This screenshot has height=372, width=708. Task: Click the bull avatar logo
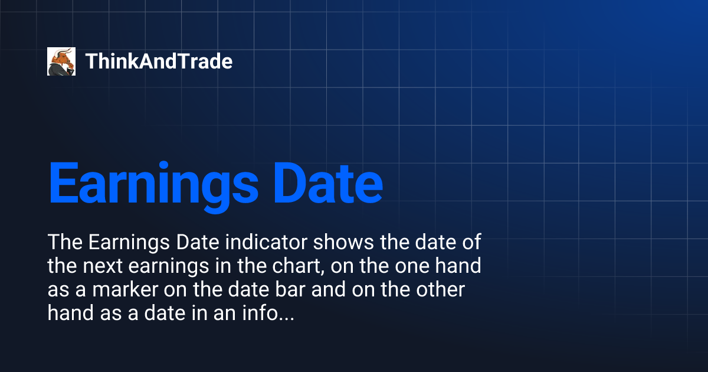tap(61, 61)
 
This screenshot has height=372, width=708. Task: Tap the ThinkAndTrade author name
tap(159, 61)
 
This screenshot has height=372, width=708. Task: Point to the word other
tap(441, 291)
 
